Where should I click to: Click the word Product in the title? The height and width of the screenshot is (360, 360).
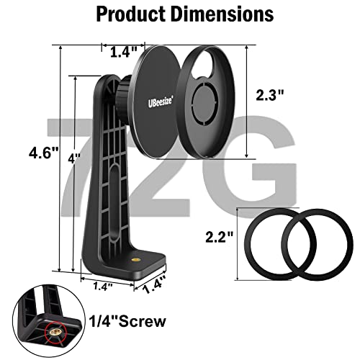[x=131, y=14]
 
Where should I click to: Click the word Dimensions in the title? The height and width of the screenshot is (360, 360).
[x=222, y=14]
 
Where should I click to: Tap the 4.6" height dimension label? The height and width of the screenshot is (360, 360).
[x=43, y=153]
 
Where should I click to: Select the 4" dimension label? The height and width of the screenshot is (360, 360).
[x=73, y=158]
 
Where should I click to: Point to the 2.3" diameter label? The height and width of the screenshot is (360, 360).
[x=270, y=95]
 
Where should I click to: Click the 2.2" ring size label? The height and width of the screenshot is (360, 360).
[x=220, y=237]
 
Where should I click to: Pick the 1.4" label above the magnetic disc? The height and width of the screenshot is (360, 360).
[x=124, y=52]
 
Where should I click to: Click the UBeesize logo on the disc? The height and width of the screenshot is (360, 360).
[x=160, y=102]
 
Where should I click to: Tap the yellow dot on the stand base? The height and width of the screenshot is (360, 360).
[x=135, y=259]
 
